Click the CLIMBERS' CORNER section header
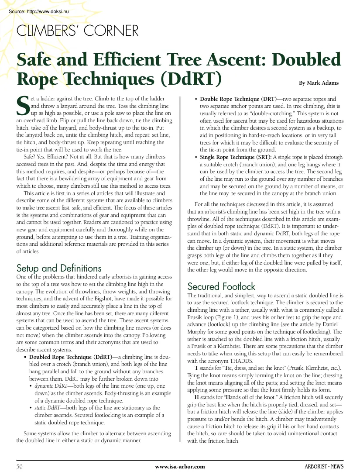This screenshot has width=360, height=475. (77, 31)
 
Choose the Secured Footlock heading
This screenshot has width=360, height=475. (221, 286)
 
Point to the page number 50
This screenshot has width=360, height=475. (20, 467)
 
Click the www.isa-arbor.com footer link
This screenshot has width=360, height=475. (180, 467)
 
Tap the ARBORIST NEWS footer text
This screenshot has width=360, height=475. (324, 467)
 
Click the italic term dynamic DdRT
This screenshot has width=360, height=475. (51, 386)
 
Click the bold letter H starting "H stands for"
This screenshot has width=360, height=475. (197, 396)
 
